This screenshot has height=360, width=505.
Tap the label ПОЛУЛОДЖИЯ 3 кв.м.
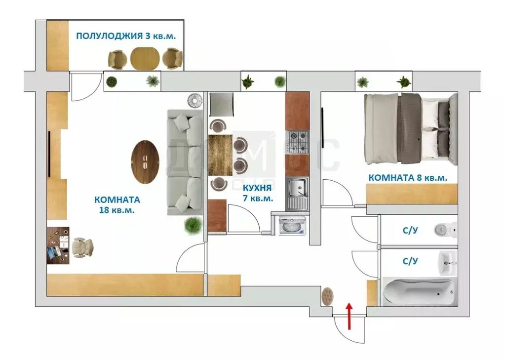click(126, 36)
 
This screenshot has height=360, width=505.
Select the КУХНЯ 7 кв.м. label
click(257, 193)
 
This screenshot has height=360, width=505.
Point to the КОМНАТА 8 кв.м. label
click(408, 178)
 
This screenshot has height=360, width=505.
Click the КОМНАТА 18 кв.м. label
click(117, 204)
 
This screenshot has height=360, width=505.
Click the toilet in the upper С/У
click(446, 229)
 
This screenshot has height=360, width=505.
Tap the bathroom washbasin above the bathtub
click(448, 262)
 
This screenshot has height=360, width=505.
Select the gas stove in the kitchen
click(298, 142)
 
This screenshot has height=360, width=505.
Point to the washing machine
click(292, 227)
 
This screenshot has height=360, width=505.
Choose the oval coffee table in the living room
click(145, 161)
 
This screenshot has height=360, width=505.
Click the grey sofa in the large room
click(185, 162)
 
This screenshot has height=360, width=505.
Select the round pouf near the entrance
click(327, 296)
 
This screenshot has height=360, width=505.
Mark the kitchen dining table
click(220, 155)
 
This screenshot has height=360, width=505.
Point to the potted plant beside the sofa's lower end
click(193, 226)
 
